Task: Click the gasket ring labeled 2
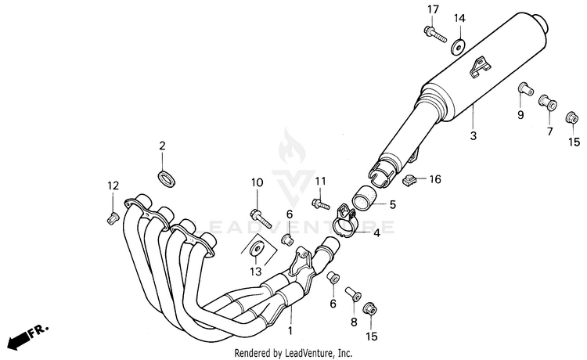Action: point(166,176)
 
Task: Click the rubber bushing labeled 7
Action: point(546,102)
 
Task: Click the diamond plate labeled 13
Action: point(257,250)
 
